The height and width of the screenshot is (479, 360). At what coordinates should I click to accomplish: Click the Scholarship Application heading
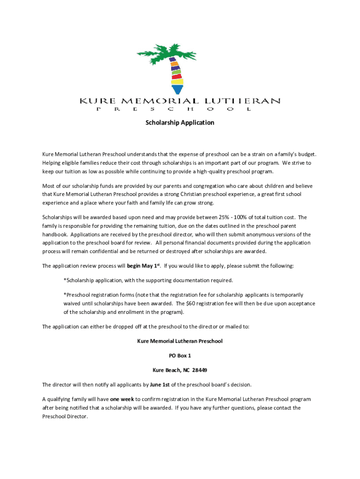[x=180, y=123]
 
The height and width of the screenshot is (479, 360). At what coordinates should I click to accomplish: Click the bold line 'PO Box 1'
[x=180, y=356]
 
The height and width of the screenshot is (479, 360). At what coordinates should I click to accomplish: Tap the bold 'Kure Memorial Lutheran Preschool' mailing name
[x=180, y=341]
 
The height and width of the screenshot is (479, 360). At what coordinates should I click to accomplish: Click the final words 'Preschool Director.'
[x=65, y=416]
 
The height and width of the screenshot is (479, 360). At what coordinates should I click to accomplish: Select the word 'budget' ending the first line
[x=306, y=154]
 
